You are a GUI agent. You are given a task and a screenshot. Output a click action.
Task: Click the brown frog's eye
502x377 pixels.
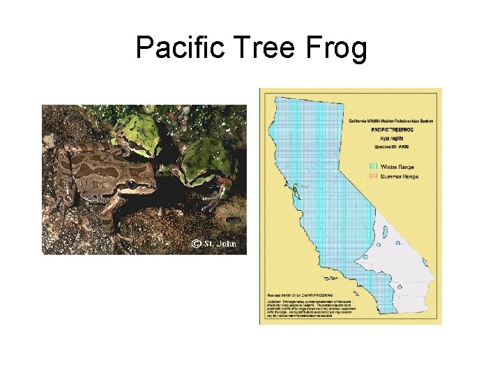pos(132,184)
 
